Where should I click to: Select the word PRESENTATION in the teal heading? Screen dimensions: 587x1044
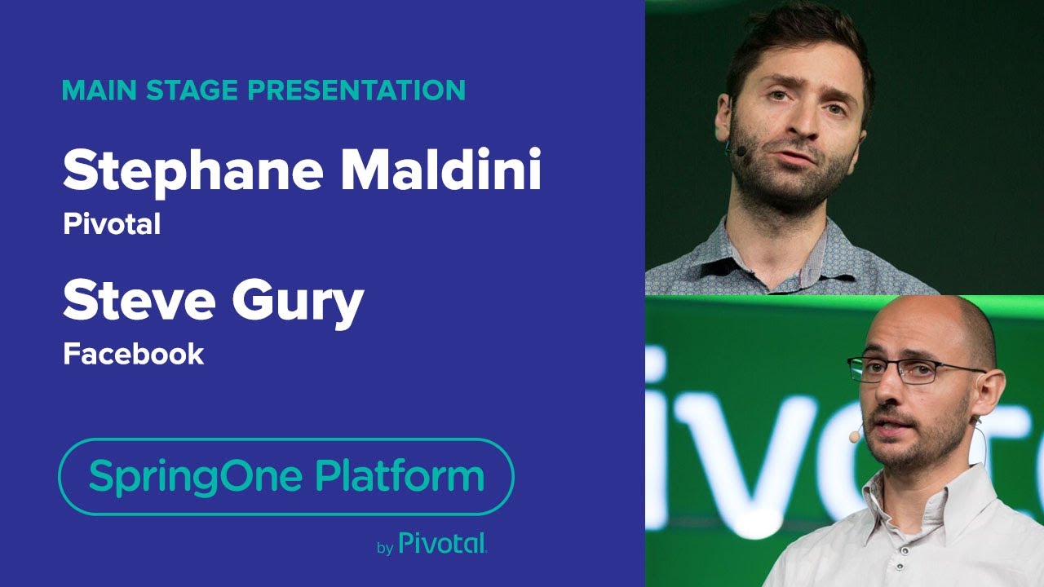[x=356, y=90]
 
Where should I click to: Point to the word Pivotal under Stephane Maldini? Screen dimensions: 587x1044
[x=111, y=224]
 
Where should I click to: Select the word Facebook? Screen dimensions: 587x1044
[x=133, y=354]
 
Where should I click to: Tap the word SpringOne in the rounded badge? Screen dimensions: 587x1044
[x=196, y=475]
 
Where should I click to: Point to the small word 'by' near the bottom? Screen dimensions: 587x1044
[x=385, y=548]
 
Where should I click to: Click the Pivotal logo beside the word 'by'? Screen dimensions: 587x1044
[x=443, y=544]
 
